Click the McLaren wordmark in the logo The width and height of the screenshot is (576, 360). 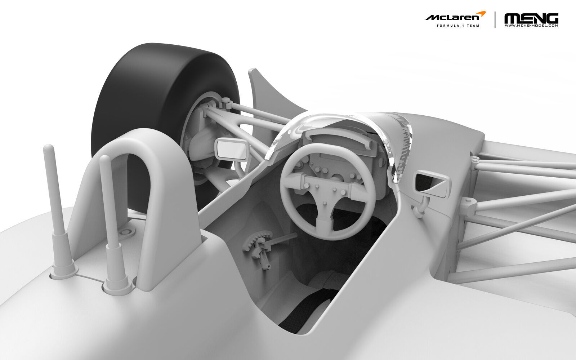click(452, 18)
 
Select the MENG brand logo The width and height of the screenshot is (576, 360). click(531, 18)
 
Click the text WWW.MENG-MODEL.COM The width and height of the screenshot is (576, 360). click(531, 26)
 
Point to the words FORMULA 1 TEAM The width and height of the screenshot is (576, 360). click(458, 26)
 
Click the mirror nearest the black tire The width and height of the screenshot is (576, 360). click(231, 149)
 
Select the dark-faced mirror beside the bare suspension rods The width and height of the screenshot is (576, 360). click(432, 183)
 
